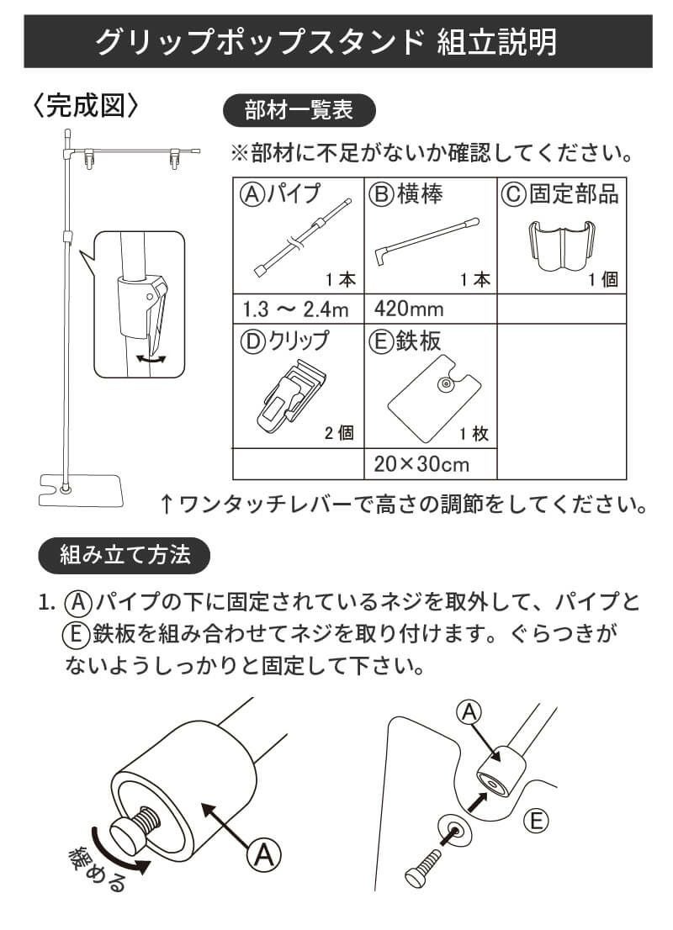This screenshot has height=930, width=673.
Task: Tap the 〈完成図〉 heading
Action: pos(85,107)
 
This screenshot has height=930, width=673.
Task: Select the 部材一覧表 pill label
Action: pos(298,110)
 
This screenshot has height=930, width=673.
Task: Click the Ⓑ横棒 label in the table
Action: pos(407,194)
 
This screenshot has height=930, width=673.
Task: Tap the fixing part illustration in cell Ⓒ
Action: pos(562,244)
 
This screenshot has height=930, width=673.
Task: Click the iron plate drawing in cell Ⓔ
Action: pos(431,399)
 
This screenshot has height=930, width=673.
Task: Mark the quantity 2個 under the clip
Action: pos(339,434)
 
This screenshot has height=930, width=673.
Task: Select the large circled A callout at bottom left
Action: pos(263,856)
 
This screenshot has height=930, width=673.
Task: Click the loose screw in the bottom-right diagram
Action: pos(427,864)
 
